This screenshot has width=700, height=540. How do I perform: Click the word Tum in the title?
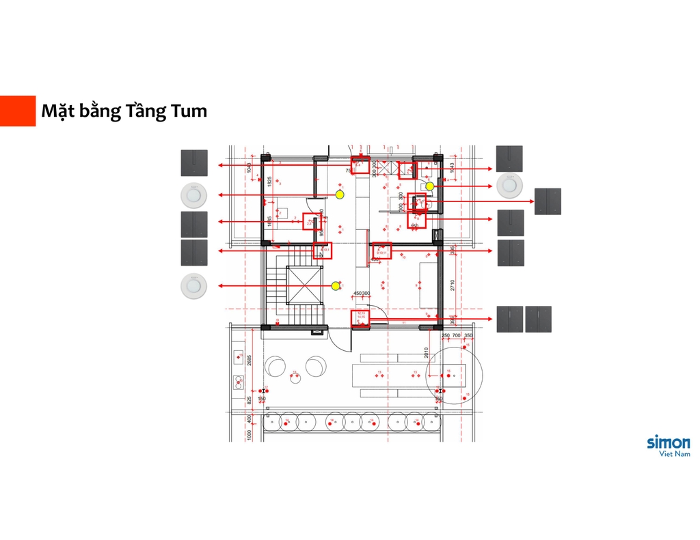tap(185, 111)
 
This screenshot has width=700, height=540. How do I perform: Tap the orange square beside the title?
tap(18, 111)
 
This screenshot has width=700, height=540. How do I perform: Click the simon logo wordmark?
tap(668, 442)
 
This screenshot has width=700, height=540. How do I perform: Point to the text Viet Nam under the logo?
tap(674, 454)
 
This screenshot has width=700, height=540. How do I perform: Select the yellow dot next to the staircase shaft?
tap(335, 285)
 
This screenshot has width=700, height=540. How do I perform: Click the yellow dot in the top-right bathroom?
tap(429, 186)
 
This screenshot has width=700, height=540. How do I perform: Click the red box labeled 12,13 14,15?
tap(360, 318)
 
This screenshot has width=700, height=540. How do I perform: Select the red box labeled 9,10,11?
tap(381, 251)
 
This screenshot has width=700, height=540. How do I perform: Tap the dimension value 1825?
tap(270, 182)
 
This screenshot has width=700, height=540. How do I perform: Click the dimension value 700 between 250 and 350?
tap(456, 336)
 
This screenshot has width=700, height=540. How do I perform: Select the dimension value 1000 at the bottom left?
tap(250, 434)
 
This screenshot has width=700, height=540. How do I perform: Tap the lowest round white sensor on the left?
tap(193, 285)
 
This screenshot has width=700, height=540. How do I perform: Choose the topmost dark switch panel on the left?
tap(193, 163)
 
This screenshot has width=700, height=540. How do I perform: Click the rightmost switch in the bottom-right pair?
tap(538, 319)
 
